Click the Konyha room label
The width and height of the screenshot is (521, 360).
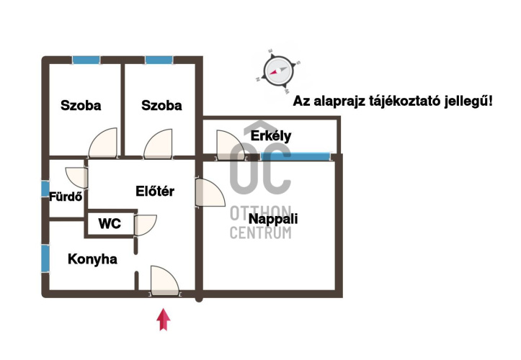coord(92,259)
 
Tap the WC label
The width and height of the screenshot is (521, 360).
coord(110,224)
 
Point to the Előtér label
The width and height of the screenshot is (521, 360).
coord(155,191)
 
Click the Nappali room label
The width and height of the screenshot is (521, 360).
coord(272,219)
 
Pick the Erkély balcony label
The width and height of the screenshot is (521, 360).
coord(270,135)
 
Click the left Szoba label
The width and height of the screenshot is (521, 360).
coord(81,106)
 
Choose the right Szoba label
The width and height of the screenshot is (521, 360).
coord(161,106)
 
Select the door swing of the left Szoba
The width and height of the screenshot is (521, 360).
coord(103,144)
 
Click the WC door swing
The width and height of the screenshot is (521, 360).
coord(145,225)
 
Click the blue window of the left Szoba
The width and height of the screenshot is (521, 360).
coord(86,60)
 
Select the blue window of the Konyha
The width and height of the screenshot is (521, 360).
coord(45,258)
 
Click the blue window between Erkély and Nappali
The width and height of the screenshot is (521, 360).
coord(295,155)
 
